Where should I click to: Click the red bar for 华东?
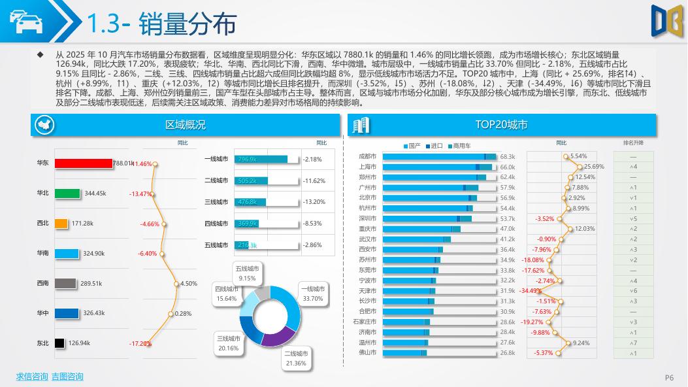coord(84,163)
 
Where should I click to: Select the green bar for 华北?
coord(67,193)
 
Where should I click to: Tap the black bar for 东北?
coord(59,343)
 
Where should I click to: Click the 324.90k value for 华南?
coord(94,253)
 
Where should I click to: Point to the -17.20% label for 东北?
coord(140,344)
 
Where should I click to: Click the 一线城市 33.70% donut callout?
coord(312,294)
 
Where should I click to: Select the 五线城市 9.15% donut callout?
coord(247,273)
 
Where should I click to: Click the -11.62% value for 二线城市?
coord(314,180)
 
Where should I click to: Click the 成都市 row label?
coord(367,156)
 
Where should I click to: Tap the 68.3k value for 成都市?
coord(508,157)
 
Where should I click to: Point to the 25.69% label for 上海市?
coord(594,167)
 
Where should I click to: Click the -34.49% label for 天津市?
coord(531,291)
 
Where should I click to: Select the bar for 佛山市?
coord(404,353)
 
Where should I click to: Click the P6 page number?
coord(669,377)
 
